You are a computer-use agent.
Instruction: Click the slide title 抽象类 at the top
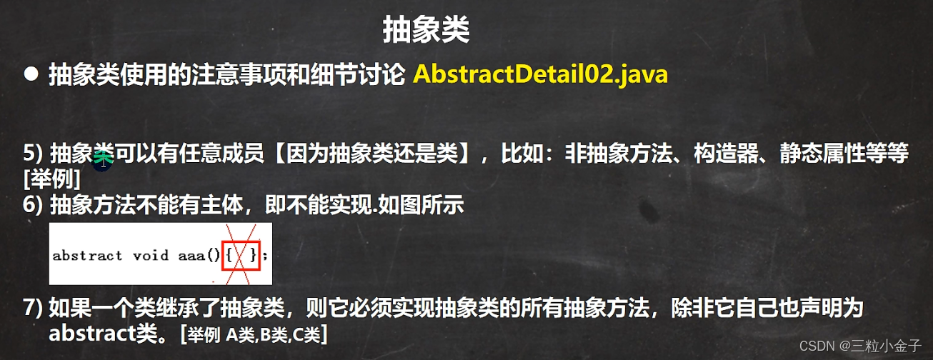tap(426, 30)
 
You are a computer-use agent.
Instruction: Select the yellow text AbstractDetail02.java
tap(540, 74)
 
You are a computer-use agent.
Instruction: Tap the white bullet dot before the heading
tap(31, 74)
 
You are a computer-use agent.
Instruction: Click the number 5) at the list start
tap(33, 154)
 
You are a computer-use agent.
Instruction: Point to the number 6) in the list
tap(33, 204)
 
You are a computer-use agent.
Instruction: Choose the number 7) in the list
tap(33, 308)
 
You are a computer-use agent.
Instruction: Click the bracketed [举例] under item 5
tap(52, 179)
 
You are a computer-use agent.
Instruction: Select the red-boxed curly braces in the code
tap(241, 255)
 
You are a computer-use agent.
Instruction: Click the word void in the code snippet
tap(151, 255)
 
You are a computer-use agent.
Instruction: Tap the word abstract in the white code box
tap(87, 256)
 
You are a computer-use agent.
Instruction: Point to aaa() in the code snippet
tap(199, 256)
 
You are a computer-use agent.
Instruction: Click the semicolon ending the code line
tap(265, 256)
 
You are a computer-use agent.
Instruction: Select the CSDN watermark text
tap(860, 346)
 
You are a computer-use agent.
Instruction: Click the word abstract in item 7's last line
tap(91, 333)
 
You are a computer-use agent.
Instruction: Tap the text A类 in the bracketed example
tap(240, 334)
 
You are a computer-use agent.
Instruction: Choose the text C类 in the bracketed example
tap(306, 334)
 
